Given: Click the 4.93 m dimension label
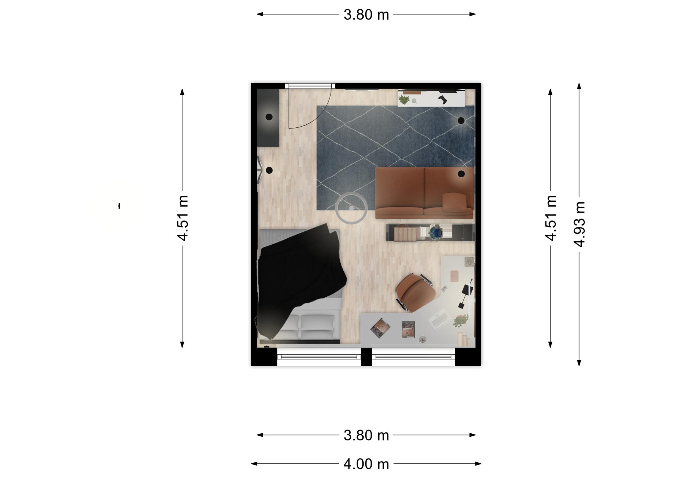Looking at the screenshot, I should click(579, 224).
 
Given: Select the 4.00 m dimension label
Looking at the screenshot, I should click(366, 464).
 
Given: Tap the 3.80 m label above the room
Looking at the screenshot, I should click(366, 15).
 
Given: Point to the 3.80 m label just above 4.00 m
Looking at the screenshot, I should click(366, 435).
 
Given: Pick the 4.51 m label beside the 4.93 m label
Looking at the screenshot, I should click(551, 218).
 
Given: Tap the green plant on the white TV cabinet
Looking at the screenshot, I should click(404, 99).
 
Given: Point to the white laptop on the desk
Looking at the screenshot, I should click(440, 319).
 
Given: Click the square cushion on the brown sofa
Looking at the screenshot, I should click(454, 202).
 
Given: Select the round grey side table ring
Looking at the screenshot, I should click(351, 208).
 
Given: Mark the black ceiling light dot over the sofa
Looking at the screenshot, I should click(461, 174).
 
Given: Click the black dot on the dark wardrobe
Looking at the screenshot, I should click(269, 117).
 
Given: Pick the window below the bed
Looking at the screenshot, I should click(319, 357).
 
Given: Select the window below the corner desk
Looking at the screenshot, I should click(413, 357).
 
